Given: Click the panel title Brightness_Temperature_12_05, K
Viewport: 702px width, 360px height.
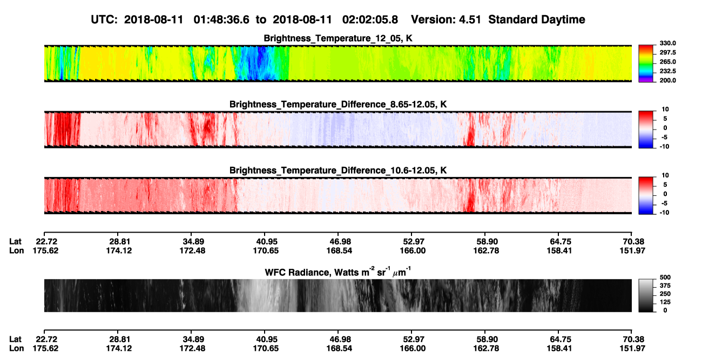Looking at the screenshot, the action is [338, 38].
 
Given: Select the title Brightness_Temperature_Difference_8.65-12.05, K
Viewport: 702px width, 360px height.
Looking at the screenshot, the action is [338, 104].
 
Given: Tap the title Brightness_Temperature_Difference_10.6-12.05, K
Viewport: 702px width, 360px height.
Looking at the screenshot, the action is [338, 171].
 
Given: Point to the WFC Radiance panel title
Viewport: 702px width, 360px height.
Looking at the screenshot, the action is [338, 272].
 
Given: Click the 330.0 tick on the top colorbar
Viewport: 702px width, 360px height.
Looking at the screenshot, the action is [667, 43].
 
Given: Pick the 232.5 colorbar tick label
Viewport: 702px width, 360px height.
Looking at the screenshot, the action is [667, 71].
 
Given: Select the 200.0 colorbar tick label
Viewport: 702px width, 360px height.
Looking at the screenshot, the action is [667, 80].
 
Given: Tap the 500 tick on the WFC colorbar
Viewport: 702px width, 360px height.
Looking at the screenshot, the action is [665, 277].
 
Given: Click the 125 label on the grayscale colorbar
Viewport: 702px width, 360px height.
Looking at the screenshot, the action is [665, 302].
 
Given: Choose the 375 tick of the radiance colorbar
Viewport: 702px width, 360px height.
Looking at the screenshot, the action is [665, 286].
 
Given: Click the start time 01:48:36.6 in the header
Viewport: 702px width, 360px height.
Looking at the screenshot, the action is [221, 20].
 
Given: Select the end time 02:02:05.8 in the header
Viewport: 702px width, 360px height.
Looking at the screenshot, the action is [370, 20].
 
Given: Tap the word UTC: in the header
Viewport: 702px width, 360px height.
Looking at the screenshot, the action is [104, 20].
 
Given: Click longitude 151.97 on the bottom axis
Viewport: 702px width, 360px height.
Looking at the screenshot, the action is [632, 349].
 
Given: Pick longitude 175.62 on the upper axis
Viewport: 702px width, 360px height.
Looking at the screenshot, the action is [45, 250].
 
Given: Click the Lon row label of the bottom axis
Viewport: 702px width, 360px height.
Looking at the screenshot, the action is [16, 349].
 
